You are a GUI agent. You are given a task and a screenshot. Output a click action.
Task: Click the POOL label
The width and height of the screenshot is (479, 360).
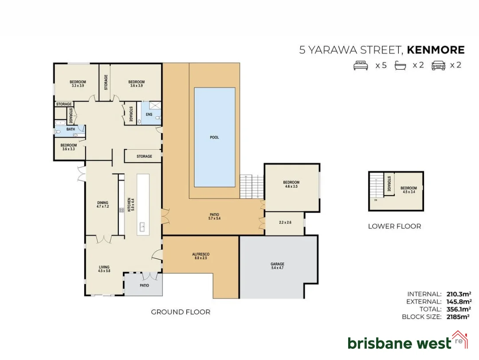pyautogui.click(x=214, y=137)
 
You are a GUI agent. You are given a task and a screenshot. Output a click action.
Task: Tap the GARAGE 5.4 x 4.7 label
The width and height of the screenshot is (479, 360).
pyautogui.click(x=277, y=266)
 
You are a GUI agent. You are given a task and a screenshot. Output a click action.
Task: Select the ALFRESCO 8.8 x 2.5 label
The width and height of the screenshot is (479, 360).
pyautogui.click(x=200, y=256)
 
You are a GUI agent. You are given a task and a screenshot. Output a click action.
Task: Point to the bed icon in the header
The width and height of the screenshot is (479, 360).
pyautogui.click(x=361, y=65)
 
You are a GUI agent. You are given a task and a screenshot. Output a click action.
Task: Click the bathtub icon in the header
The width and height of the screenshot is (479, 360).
pyautogui.click(x=400, y=65)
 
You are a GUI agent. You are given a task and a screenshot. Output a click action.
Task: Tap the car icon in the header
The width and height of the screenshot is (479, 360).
pyautogui.click(x=438, y=65)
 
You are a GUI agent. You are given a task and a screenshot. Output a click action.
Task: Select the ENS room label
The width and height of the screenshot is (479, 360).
pyautogui.click(x=149, y=115)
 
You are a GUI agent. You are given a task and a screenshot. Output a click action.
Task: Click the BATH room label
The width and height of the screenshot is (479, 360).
pyautogui.click(x=71, y=129)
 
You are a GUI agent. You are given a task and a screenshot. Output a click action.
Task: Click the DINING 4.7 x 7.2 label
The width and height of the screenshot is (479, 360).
pyautogui.click(x=102, y=205)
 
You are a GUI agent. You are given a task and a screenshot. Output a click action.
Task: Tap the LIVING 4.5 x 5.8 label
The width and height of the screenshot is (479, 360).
pyautogui.click(x=104, y=269)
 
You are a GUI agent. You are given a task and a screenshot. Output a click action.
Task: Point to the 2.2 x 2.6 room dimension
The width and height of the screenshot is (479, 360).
pyautogui.click(x=285, y=222)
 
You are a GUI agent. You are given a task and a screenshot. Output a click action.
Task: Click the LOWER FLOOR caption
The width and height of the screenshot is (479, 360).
pyautogui.click(x=394, y=226)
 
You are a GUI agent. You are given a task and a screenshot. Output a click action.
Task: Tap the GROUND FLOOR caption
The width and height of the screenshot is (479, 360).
pyautogui.click(x=181, y=312)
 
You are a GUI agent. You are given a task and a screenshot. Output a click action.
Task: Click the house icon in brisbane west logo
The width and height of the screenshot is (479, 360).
pyautogui.click(x=459, y=339)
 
